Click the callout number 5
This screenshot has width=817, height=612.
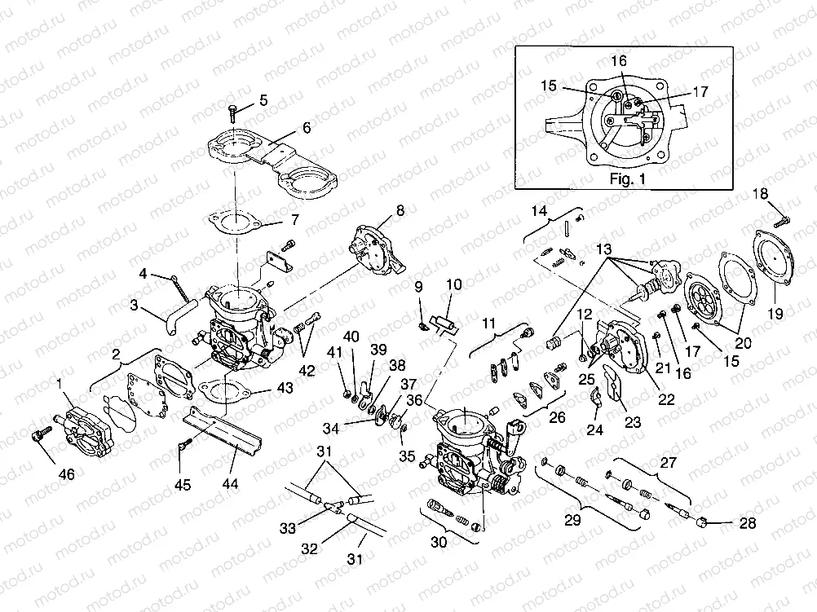263,100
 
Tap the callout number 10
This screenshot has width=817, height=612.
453,285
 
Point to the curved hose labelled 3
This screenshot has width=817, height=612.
172,319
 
